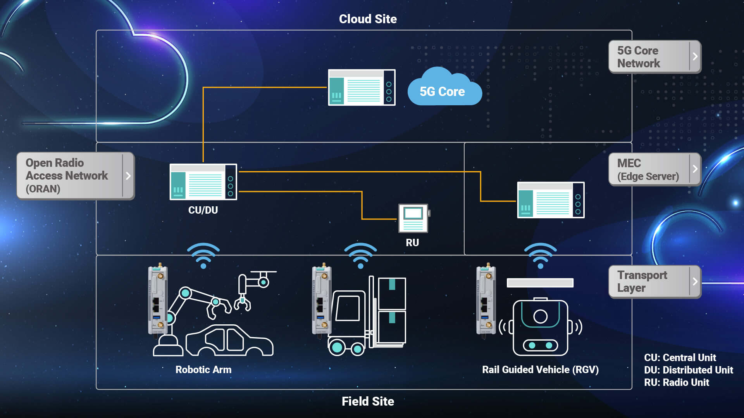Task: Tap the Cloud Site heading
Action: click(368, 19)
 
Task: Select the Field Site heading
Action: click(368, 401)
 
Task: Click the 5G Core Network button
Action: click(654, 57)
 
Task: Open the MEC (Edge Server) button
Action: click(654, 170)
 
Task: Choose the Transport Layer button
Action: click(654, 282)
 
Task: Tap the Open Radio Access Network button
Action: click(75, 176)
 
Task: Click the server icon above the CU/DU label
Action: click(203, 182)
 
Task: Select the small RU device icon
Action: click(413, 218)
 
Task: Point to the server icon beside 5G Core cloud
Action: click(362, 87)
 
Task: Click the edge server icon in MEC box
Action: click(551, 200)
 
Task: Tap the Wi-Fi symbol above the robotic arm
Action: click(203, 255)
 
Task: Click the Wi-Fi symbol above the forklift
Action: click(360, 255)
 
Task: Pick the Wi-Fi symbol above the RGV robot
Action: click(540, 255)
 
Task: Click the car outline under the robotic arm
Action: click(229, 341)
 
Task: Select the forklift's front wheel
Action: click(337, 347)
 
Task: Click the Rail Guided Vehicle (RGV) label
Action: click(540, 370)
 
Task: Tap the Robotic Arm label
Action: click(203, 370)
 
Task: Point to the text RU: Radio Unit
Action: click(677, 382)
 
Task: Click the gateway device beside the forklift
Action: click(321, 300)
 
